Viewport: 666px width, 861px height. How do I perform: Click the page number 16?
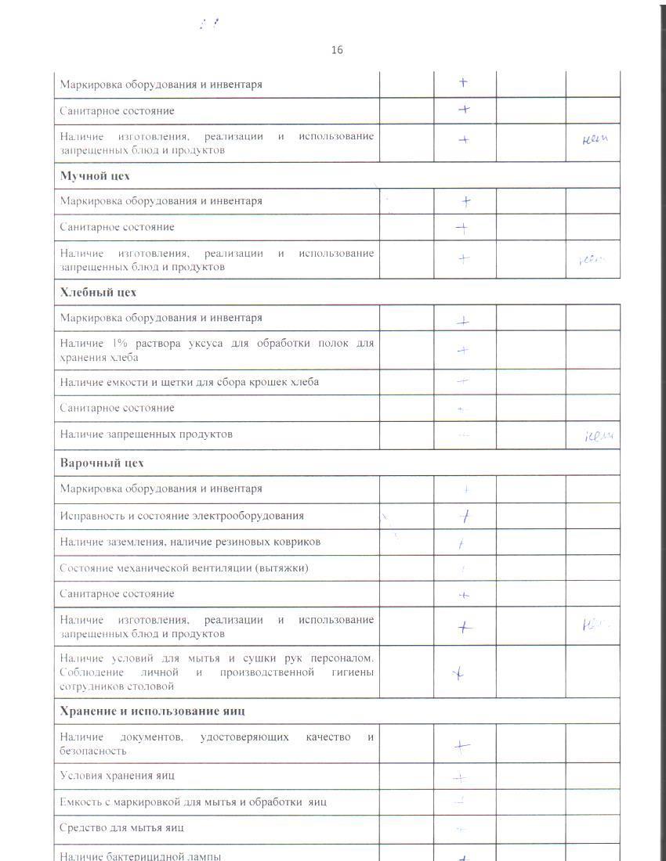(x=337, y=50)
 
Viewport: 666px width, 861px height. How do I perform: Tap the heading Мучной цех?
(x=95, y=175)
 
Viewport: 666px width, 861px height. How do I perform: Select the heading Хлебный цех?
(x=98, y=292)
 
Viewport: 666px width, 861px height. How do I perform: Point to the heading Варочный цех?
(x=102, y=463)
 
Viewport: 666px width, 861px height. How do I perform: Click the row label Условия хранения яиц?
(x=118, y=775)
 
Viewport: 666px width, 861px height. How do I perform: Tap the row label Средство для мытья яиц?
(x=122, y=827)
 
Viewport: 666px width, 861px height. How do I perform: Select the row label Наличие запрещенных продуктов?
(x=147, y=434)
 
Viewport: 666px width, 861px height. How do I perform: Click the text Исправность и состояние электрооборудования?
(x=182, y=516)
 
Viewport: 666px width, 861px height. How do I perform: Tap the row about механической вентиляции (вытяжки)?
(x=184, y=567)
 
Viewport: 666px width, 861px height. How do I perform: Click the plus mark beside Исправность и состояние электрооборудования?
(x=465, y=516)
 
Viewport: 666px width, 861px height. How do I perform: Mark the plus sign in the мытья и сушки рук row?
(x=460, y=672)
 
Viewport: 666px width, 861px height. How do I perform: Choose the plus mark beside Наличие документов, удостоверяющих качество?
(x=462, y=747)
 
